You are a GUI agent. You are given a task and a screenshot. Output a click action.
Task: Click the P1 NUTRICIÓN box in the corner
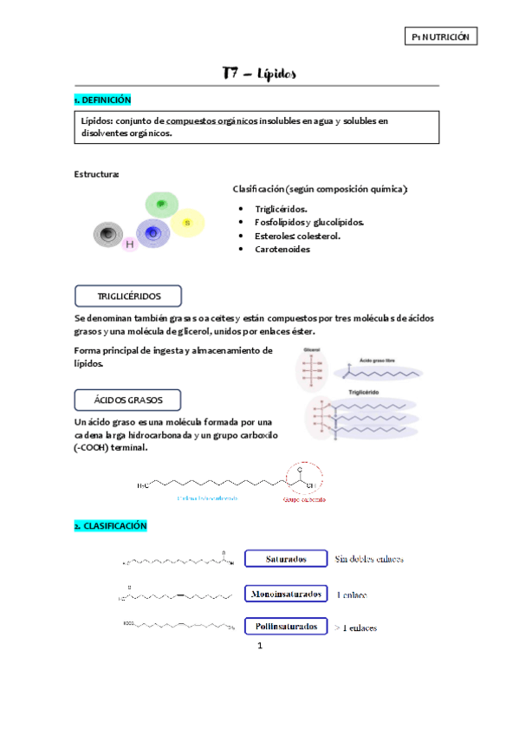click(441, 36)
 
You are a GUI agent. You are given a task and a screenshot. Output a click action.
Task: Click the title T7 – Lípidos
click(259, 74)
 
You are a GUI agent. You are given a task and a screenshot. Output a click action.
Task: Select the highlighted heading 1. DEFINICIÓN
click(103, 101)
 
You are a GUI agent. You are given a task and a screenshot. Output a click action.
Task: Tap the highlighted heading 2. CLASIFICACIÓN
click(111, 526)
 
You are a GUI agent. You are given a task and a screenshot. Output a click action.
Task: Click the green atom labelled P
click(161, 205)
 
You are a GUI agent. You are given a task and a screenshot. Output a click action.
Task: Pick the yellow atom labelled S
click(187, 224)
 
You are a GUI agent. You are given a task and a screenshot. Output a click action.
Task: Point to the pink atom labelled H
click(130, 245)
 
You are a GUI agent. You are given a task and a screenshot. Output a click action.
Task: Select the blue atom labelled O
click(153, 233)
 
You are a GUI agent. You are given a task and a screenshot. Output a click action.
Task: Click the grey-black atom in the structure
click(108, 234)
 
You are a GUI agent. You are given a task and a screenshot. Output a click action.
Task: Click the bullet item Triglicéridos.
click(281, 209)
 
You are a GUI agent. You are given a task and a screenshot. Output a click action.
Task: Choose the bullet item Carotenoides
click(282, 249)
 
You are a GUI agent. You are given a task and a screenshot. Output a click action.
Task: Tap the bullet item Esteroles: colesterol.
click(297, 236)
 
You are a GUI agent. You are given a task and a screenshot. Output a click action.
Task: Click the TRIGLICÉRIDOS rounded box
click(128, 296)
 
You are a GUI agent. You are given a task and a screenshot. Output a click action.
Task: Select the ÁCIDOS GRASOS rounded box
click(128, 400)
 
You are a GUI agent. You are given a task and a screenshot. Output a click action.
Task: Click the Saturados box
click(285, 559)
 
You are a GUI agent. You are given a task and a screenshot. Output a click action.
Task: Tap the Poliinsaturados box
click(285, 626)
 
